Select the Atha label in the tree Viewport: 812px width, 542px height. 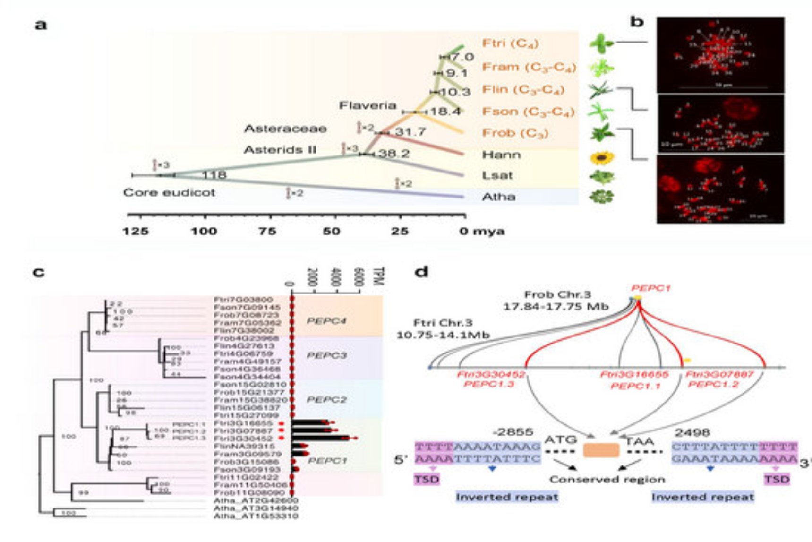tap(498, 197)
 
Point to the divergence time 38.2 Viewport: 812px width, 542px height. tap(393, 154)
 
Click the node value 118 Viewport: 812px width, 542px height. tap(214, 175)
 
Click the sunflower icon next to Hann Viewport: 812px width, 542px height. tap(602, 158)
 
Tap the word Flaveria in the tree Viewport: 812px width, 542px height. tap(368, 105)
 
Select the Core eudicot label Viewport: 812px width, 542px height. tap(169, 193)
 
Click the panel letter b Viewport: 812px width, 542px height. tap(637, 22)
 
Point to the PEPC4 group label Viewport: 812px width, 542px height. tap(326, 321)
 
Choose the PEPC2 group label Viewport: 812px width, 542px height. tap(326, 399)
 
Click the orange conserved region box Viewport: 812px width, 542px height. tap(601, 450)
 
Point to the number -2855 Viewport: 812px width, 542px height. tap(513, 432)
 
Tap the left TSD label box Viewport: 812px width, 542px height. tap(427, 480)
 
